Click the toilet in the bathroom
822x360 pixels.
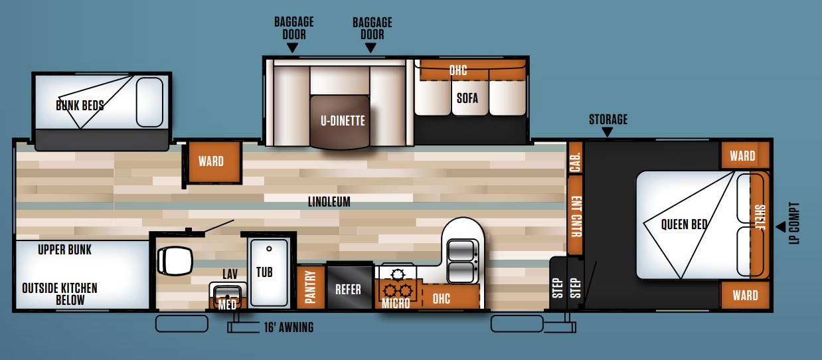(x=175, y=261)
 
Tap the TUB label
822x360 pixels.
(x=264, y=272)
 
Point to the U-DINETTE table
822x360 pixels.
(x=340, y=122)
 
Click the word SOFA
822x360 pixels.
(x=467, y=98)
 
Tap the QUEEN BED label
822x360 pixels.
(x=684, y=225)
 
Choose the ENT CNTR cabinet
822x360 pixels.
(x=576, y=215)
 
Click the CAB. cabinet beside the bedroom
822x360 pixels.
(x=575, y=158)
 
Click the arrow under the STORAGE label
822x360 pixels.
(x=608, y=132)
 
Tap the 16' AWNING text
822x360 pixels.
(x=289, y=327)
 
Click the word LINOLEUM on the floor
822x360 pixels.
(x=329, y=202)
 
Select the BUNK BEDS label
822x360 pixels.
(x=80, y=106)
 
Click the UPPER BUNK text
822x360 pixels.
(x=64, y=250)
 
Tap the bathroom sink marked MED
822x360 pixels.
(x=228, y=296)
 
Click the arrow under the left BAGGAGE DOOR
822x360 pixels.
(x=292, y=48)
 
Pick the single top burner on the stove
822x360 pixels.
(x=398, y=274)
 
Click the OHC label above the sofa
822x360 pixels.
(x=458, y=70)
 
